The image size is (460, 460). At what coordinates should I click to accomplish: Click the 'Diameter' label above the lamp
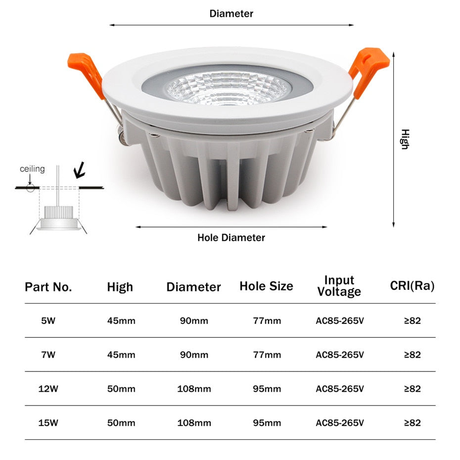[x=231, y=13]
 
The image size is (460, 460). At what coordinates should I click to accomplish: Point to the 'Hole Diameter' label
[x=231, y=237]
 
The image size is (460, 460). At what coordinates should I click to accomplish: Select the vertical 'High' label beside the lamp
[x=405, y=139]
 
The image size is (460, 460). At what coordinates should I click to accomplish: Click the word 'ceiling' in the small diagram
[x=32, y=169]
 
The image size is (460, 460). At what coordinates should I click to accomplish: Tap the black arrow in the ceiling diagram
[x=79, y=171]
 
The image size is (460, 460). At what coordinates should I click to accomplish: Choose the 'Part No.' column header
[x=48, y=287]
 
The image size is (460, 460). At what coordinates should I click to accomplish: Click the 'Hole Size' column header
[x=266, y=286]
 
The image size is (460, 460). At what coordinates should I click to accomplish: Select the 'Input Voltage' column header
[x=339, y=286]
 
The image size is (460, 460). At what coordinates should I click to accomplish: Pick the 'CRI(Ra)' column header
[x=412, y=286]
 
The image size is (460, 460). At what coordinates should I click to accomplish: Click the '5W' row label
[x=48, y=321]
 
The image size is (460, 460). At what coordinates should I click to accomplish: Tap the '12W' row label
[x=48, y=389]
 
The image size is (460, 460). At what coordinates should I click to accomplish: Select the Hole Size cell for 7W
[x=267, y=355]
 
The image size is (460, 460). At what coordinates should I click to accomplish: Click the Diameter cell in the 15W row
[x=194, y=423]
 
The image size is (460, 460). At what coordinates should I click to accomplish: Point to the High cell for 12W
[x=121, y=389]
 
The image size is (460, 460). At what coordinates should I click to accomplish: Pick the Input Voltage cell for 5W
[x=340, y=321]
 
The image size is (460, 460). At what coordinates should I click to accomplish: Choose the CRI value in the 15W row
[x=412, y=423]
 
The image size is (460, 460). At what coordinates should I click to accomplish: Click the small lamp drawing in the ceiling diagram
[x=59, y=218]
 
